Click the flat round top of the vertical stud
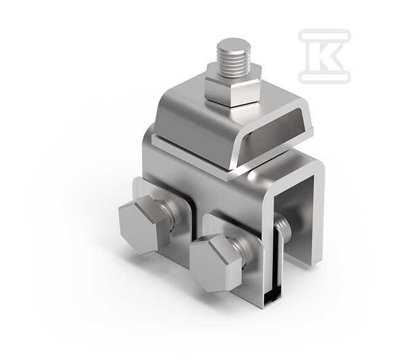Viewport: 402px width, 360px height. click(233, 44)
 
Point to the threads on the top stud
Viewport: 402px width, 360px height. click(233, 63)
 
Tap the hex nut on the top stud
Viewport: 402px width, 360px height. click(233, 87)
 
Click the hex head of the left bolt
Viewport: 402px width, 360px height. click(144, 224)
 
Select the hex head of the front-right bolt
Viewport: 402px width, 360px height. click(216, 263)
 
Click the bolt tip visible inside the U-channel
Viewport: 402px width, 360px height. click(282, 225)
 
